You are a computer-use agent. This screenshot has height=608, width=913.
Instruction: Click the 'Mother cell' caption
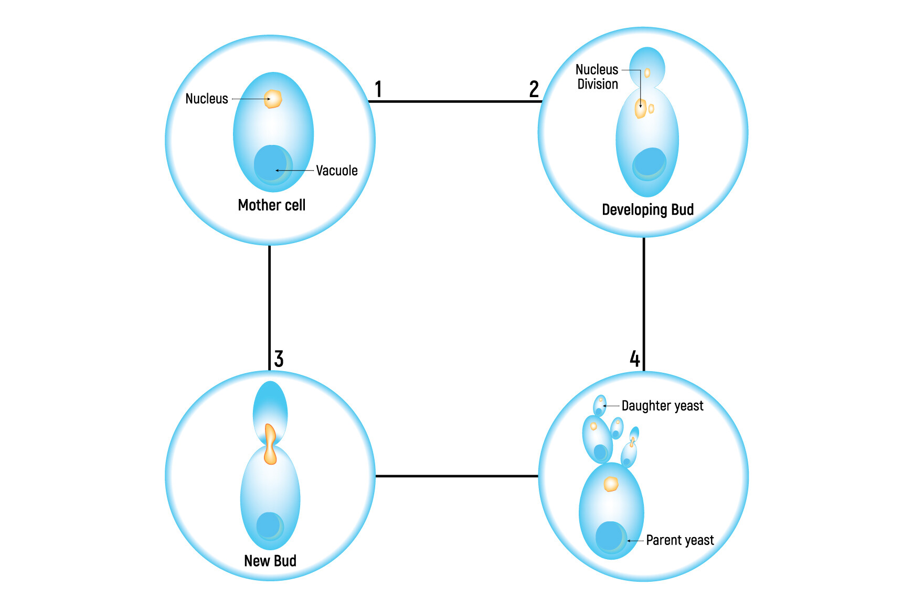point(271,205)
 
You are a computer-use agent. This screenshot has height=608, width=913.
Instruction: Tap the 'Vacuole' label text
point(336,171)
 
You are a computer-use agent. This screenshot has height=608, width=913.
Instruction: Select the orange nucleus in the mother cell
point(273,99)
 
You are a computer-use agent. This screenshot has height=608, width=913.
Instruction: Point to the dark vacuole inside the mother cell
point(273,165)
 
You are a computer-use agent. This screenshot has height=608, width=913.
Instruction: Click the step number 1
point(378,89)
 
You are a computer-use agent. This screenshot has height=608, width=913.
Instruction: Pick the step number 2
point(534,89)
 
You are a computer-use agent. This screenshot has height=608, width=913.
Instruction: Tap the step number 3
point(279,359)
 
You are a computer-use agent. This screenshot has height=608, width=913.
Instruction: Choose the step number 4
point(635,359)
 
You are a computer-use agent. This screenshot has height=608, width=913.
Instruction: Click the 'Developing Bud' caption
point(647,210)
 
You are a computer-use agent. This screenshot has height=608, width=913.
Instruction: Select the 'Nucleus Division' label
point(597,77)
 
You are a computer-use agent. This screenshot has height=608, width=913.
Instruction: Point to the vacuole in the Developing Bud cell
point(649,164)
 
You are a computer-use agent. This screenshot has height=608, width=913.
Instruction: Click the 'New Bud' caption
point(270,561)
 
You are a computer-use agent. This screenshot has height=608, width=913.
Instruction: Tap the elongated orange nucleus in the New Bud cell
point(270,444)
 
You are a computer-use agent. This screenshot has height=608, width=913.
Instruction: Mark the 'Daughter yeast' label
point(662,406)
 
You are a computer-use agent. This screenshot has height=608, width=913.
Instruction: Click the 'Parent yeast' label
point(680,540)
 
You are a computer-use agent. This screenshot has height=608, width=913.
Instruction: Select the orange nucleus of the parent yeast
point(611,484)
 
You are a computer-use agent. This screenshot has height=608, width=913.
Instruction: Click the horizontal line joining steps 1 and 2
point(455,101)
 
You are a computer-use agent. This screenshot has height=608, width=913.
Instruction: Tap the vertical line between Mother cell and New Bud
point(270,308)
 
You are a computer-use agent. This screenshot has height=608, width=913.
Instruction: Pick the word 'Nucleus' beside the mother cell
point(207,99)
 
